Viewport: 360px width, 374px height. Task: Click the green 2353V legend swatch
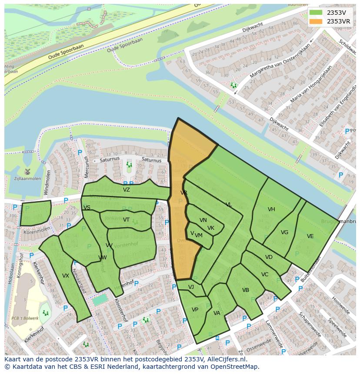pyautogui.click(x=316, y=13)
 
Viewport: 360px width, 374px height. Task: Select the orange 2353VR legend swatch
pyautogui.click(x=316, y=21)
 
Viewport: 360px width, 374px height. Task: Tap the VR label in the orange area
pyautogui.click(x=184, y=192)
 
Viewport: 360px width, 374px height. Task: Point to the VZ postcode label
pyautogui.click(x=127, y=190)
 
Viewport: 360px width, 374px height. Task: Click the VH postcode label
pyautogui.click(x=271, y=209)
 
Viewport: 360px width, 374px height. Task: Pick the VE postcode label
pyautogui.click(x=310, y=236)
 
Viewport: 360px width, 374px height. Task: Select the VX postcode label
pyautogui.click(x=66, y=276)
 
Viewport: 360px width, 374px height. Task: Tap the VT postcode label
pyautogui.click(x=126, y=220)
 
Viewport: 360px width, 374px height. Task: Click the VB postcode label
pyautogui.click(x=246, y=290)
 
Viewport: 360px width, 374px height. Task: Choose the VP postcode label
pyautogui.click(x=195, y=310)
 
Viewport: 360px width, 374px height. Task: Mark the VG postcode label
pyautogui.click(x=284, y=232)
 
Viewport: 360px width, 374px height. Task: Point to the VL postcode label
pyautogui.click(x=229, y=205)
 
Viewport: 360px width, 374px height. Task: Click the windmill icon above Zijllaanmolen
pyautogui.click(x=27, y=171)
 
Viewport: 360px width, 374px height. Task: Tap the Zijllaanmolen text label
pyautogui.click(x=27, y=179)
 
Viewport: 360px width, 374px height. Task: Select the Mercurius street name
pyautogui.click(x=87, y=155)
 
